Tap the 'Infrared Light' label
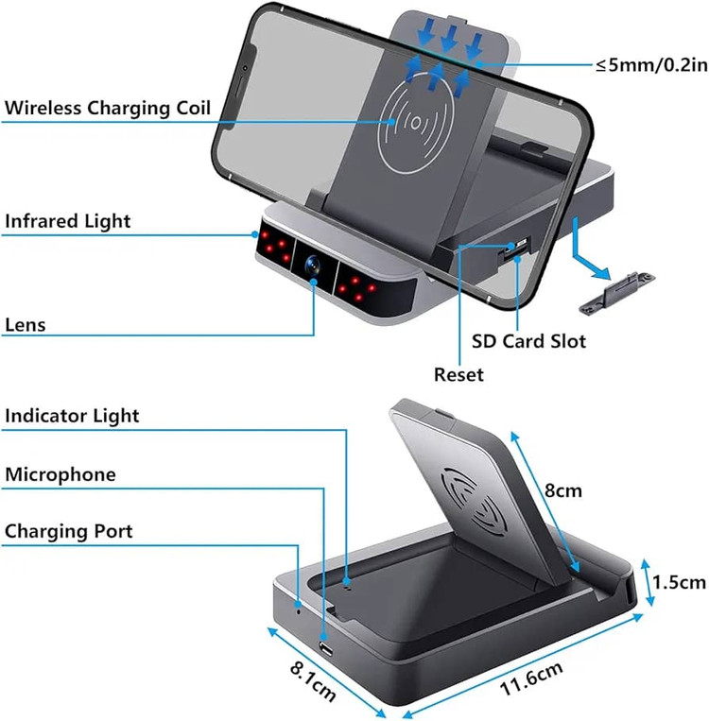(68, 221)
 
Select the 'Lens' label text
(26, 325)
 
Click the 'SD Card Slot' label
(528, 340)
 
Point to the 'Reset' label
(458, 374)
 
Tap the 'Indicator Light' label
(72, 416)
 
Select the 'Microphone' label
(61, 473)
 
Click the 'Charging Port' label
(69, 531)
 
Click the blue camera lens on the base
(311, 266)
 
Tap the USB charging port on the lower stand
(326, 649)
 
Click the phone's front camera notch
(245, 68)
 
